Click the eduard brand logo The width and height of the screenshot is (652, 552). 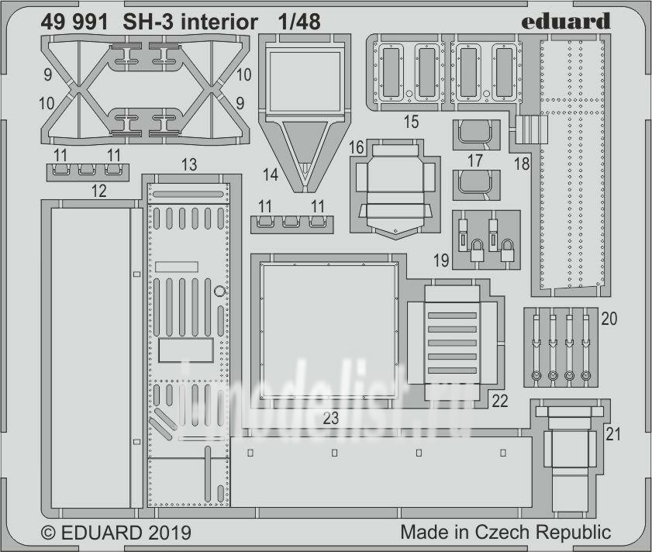[565, 21]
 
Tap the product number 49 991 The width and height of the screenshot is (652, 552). [74, 22]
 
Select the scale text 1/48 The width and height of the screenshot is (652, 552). [299, 22]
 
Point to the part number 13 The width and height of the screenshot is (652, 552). [189, 164]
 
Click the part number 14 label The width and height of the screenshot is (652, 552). [271, 174]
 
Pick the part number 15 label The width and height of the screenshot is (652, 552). [411, 122]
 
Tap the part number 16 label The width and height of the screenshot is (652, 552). [357, 147]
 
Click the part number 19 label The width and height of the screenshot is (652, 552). [441, 260]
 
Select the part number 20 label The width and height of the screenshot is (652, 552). [609, 319]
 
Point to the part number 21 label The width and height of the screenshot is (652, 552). [613, 434]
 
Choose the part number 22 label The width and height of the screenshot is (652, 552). [500, 401]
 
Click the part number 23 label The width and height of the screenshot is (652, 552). [330, 418]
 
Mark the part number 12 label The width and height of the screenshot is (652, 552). [98, 191]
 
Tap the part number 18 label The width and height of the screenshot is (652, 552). [522, 164]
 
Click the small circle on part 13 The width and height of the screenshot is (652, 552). [219, 292]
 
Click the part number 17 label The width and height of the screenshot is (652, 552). [475, 160]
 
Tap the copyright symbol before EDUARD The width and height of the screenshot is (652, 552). [49, 533]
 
